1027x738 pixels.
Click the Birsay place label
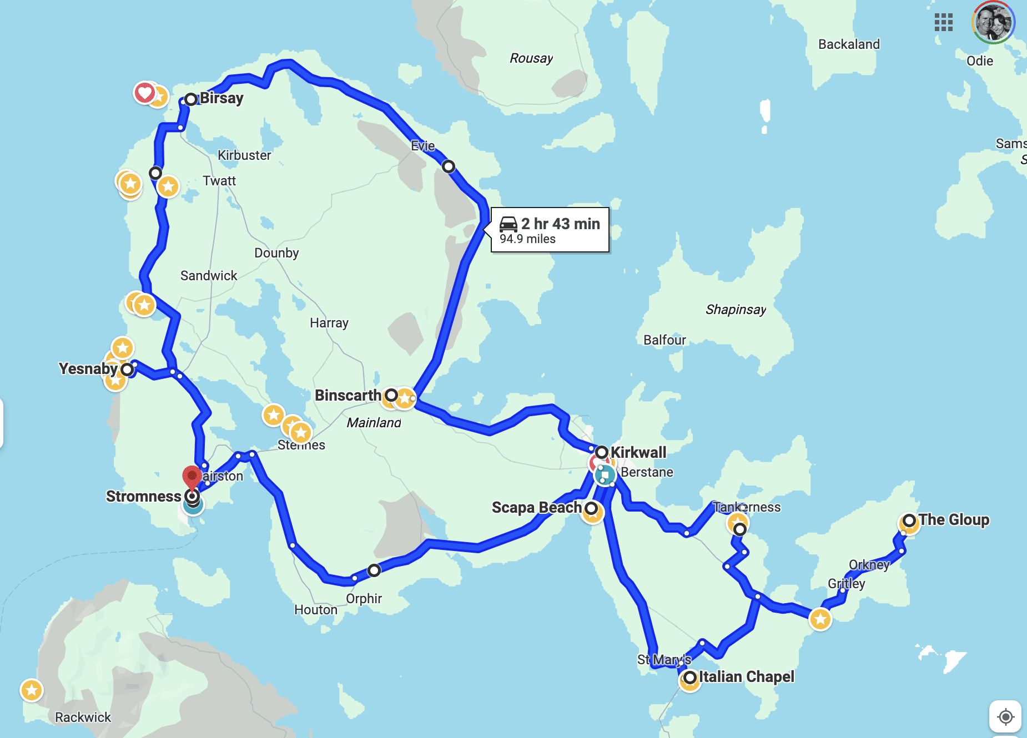click(x=221, y=98)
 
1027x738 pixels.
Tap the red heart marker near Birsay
click(x=144, y=92)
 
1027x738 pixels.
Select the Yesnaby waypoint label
click(x=88, y=368)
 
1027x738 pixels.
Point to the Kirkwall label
click(x=638, y=452)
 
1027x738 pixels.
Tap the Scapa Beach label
click(x=536, y=508)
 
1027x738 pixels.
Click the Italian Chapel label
click(x=746, y=677)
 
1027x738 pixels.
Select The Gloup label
click(x=954, y=520)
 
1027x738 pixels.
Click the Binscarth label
click(x=348, y=395)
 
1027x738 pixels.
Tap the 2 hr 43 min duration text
click(x=560, y=224)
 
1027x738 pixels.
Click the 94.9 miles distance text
click(x=527, y=239)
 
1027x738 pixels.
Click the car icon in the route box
click(x=508, y=224)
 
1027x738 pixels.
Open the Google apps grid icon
click(x=943, y=23)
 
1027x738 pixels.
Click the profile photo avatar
click(x=993, y=23)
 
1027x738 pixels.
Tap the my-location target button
click(x=1005, y=716)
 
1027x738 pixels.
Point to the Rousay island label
click(x=531, y=58)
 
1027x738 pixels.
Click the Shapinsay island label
click(x=736, y=310)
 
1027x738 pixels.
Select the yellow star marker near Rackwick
click(x=32, y=690)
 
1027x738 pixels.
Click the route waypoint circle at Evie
click(x=449, y=166)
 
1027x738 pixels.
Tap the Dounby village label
click(x=276, y=253)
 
